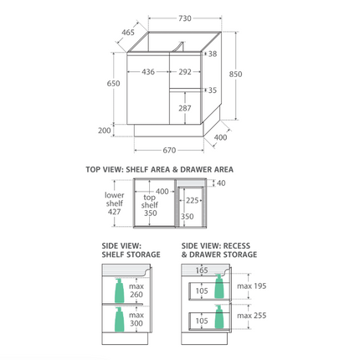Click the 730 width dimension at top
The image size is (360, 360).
pyautogui.click(x=185, y=18)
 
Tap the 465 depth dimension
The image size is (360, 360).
pyautogui.click(x=128, y=33)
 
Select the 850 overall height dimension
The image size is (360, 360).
pyautogui.click(x=235, y=75)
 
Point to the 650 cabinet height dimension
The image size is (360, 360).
pyautogui.click(x=113, y=84)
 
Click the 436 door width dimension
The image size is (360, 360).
pyautogui.click(x=148, y=72)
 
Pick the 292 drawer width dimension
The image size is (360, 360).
pyautogui.click(x=185, y=72)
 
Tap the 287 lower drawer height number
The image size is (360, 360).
pyautogui.click(x=185, y=108)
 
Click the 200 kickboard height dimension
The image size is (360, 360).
pyautogui.click(x=105, y=131)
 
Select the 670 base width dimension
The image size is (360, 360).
pyautogui.click(x=169, y=151)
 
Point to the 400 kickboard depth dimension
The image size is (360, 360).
pyautogui.click(x=220, y=137)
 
